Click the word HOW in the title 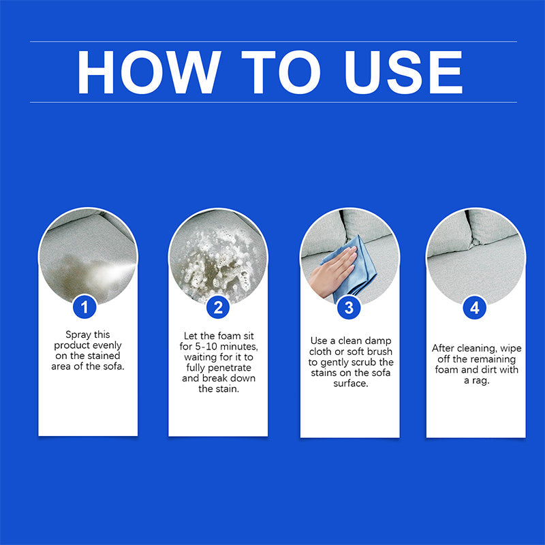tap(149, 72)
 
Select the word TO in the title tap(281, 72)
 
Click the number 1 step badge tap(84, 307)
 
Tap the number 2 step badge tap(218, 307)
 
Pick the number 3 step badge tap(349, 307)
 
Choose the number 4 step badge tap(474, 308)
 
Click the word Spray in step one tap(78, 334)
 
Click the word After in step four tap(443, 348)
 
